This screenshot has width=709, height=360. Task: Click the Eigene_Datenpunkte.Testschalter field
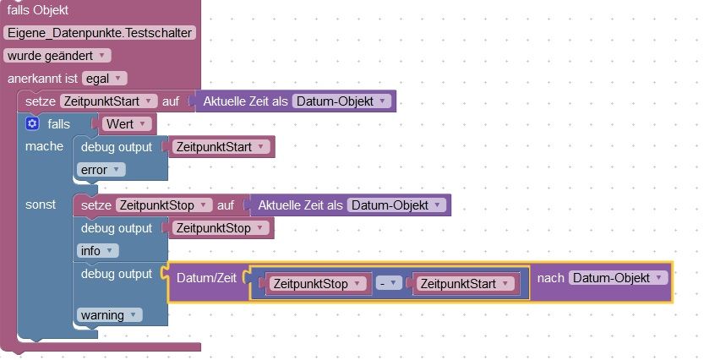pyautogui.click(x=100, y=33)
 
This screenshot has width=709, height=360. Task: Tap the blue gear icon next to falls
pyautogui.click(x=32, y=123)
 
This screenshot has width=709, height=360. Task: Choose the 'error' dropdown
pyautogui.click(x=101, y=169)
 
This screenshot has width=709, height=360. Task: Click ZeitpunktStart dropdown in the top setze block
pyautogui.click(x=110, y=101)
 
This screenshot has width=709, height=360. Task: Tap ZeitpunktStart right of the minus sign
pyautogui.click(x=466, y=284)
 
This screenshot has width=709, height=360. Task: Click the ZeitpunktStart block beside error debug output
pyautogui.click(x=221, y=147)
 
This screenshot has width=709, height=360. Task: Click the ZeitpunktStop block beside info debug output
pyautogui.click(x=220, y=228)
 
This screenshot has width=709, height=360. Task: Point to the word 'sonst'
pyautogui.click(x=41, y=205)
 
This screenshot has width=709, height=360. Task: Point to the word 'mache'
pyautogui.click(x=44, y=146)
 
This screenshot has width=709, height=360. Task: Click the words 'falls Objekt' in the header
pyautogui.click(x=38, y=11)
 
